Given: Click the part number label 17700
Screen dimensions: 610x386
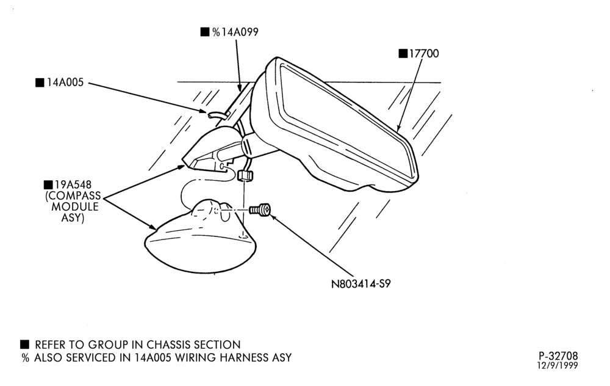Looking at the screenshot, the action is coord(424,53).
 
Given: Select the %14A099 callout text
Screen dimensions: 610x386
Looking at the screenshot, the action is coord(235,32).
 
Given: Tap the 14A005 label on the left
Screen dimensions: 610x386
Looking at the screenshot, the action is coord(65,82).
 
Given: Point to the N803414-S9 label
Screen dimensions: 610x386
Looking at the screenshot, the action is coord(361,284).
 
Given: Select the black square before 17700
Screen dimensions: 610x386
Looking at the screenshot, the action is coord(403,53).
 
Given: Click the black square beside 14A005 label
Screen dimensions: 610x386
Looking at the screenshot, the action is coord(40,82).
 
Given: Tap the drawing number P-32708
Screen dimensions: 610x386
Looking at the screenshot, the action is coord(558,355).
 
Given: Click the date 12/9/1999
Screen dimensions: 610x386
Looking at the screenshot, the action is coord(558,365).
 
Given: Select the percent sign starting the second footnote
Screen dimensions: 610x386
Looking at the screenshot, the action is coord(26,357).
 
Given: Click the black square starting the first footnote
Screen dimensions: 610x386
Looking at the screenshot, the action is coord(24,344).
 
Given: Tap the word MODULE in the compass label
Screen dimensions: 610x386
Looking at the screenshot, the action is coord(74,206).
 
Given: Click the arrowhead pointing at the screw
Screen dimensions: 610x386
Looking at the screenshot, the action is coord(273,217).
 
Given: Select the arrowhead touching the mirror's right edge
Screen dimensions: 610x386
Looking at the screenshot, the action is coord(398,128).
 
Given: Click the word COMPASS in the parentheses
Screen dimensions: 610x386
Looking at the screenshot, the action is coord(73,195).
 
